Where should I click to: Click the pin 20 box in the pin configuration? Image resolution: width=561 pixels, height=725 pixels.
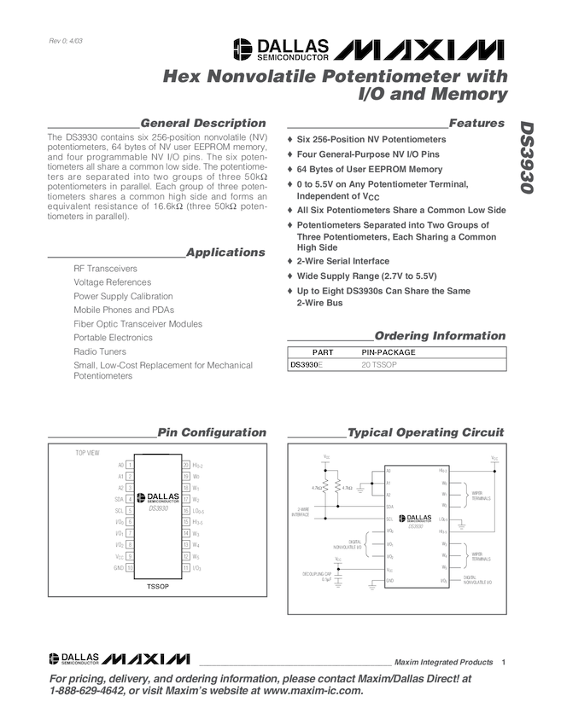[x=186, y=466]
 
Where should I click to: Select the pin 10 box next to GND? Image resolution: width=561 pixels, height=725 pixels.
[x=130, y=567]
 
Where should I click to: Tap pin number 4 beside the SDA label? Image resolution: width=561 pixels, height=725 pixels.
[x=130, y=499]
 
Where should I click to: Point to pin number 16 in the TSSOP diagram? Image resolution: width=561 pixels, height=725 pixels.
[x=186, y=510]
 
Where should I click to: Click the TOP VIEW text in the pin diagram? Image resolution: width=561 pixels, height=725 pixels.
[x=88, y=452]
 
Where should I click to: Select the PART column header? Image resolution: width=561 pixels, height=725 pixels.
[x=323, y=351]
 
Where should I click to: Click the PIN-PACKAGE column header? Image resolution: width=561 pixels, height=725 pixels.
[x=389, y=351]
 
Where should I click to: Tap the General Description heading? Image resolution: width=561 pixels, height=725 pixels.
[x=203, y=124]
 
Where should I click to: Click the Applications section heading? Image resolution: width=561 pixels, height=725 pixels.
[x=225, y=252]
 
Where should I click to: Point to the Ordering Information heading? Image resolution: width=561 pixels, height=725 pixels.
[x=440, y=336]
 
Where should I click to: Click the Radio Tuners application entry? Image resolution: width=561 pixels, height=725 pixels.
[x=100, y=351]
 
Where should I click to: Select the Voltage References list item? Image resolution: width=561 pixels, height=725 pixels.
[x=112, y=282]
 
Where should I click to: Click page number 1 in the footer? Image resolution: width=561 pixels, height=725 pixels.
[x=505, y=663]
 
